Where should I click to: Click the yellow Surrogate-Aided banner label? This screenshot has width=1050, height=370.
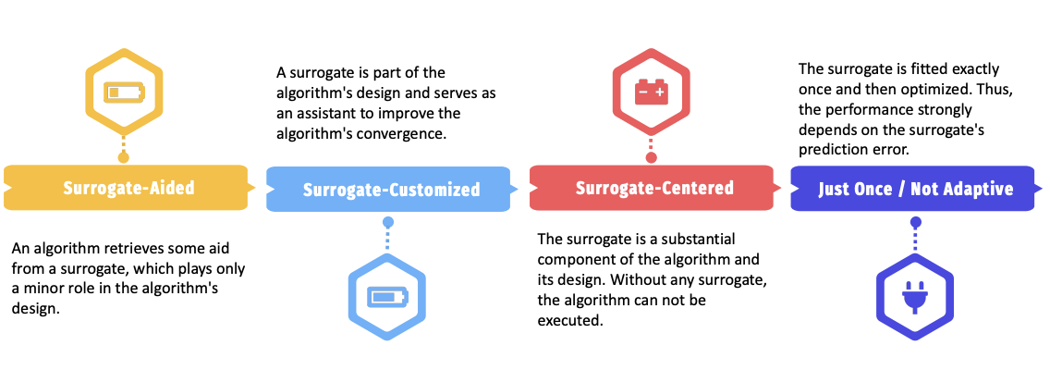click(129, 187)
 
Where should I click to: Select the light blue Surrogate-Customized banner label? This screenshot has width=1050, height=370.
click(392, 190)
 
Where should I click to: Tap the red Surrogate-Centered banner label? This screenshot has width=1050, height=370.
click(654, 187)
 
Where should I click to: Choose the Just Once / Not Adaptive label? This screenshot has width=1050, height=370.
click(916, 189)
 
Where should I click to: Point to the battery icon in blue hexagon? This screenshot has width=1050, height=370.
click(387, 297)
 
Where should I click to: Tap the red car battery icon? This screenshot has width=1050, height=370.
click(651, 92)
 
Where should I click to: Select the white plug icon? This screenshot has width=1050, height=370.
click(915, 296)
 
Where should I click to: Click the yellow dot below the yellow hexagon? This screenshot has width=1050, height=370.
click(123, 157)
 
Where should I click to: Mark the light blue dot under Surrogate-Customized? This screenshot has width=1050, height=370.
click(387, 222)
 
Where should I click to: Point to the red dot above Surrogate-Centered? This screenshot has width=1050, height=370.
click(651, 157)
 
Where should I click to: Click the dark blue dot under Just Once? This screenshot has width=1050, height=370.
click(915, 222)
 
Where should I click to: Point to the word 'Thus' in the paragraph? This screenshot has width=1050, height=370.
click(1002, 89)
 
